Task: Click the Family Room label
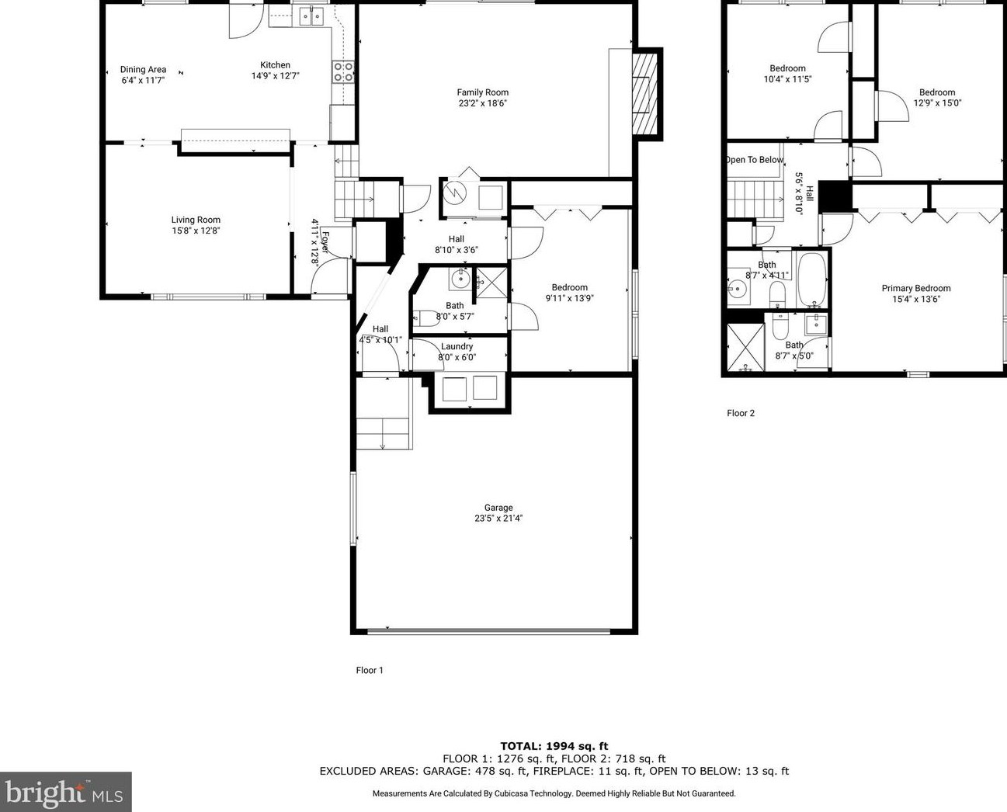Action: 482,92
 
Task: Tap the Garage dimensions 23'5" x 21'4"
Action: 498,519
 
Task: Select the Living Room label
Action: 196,220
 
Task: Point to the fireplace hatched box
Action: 644,94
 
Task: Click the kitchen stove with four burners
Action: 344,71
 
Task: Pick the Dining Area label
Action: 143,70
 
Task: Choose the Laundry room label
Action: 457,347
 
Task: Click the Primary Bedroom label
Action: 915,289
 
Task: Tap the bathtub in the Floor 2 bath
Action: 812,279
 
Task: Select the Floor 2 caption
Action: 741,413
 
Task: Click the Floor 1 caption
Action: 370,670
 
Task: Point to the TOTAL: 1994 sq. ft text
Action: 554,746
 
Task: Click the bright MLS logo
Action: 65,793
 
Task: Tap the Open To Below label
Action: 755,160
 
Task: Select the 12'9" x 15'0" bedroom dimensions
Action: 937,103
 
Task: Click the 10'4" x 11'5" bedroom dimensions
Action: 787,79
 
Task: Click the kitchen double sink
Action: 312,15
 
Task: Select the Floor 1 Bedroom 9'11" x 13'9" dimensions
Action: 569,298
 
